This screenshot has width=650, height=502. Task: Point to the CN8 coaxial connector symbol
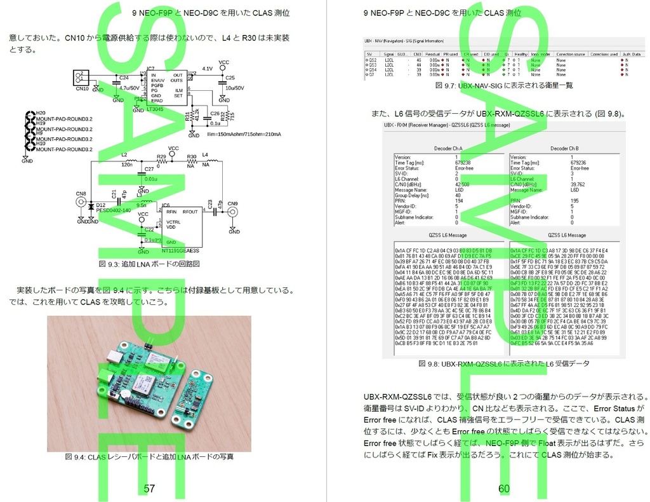point(81,202)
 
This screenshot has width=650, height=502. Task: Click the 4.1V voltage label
point(207,69)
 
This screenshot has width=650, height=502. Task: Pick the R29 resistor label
point(161,156)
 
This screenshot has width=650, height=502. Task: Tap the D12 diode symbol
point(91,206)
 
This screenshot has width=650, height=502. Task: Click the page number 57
point(150,489)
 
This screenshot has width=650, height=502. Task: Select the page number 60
point(504,489)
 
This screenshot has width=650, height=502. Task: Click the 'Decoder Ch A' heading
point(448,148)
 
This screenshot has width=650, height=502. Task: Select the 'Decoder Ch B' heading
point(564,148)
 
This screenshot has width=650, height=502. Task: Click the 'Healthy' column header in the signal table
point(521,55)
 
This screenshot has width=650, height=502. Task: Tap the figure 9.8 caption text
point(504,363)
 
